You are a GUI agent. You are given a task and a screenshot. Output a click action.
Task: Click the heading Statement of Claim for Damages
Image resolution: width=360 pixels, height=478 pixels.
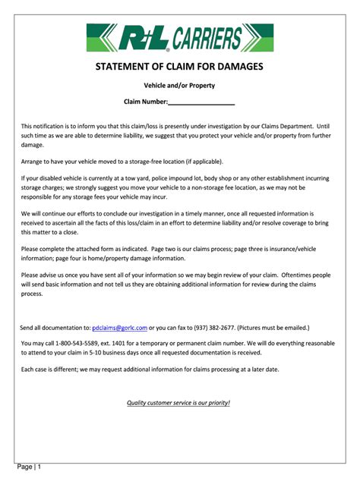point(179,67)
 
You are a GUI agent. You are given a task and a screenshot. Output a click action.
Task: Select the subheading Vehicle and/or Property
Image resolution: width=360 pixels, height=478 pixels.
point(179,86)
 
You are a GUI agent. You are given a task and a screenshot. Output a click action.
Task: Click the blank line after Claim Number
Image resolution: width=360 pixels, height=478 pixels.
point(201,102)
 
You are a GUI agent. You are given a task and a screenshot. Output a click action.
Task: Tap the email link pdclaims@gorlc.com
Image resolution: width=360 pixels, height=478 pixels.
point(119,328)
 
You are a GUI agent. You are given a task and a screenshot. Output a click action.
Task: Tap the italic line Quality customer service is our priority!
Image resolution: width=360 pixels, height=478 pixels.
point(178,402)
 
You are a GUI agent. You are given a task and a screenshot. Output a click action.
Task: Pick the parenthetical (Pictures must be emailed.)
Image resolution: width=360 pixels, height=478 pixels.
point(273,328)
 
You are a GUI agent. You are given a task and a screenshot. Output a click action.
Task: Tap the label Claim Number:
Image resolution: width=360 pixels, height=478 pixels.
point(145,102)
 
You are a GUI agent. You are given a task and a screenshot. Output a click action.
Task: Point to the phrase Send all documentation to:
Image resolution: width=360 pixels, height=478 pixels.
point(55,328)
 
